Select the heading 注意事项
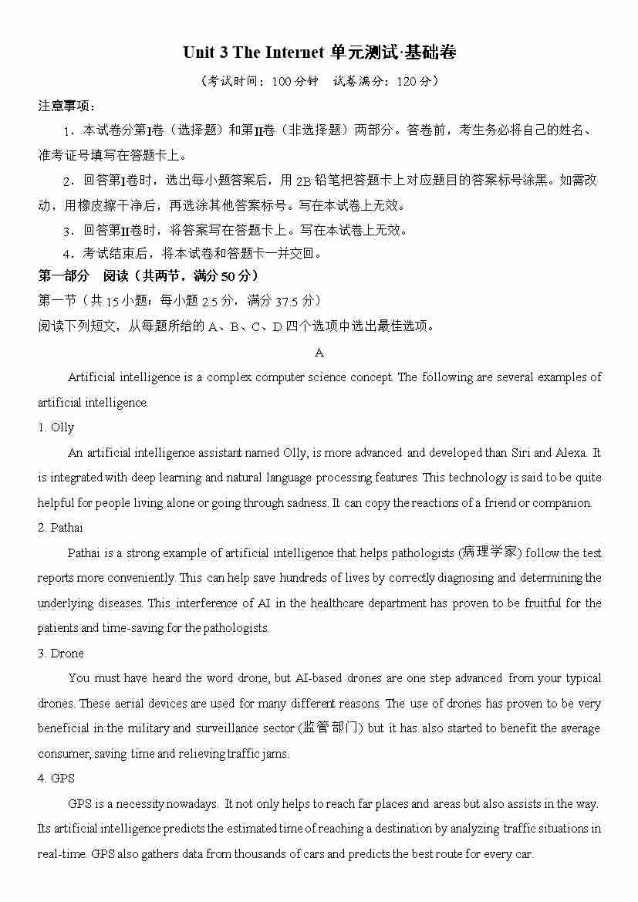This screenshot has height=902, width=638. (x=66, y=106)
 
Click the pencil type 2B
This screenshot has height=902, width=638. (x=302, y=181)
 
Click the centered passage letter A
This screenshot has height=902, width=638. (x=319, y=353)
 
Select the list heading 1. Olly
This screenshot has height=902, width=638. (x=56, y=427)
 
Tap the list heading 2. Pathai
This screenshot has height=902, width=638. (x=60, y=528)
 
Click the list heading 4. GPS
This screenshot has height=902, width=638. (x=56, y=779)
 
